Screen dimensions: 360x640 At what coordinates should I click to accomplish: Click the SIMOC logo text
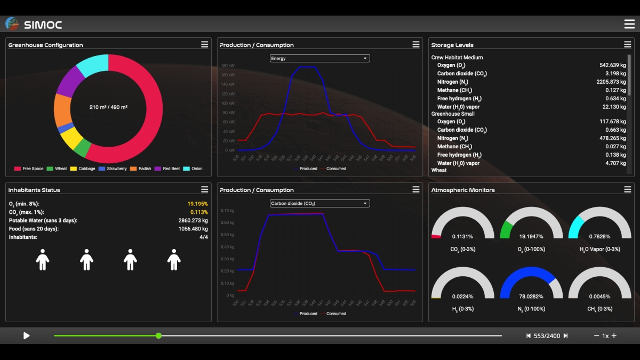(43, 25)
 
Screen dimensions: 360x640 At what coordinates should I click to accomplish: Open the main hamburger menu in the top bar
(629, 24)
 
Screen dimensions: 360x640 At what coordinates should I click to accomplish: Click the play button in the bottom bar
(26, 335)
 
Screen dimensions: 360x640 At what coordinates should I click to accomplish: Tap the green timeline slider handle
(158, 335)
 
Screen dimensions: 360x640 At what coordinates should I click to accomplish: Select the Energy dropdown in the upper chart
(319, 59)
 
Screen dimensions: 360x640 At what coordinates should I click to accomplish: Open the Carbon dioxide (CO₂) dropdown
(319, 203)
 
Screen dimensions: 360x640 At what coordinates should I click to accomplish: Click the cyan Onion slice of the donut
(92, 65)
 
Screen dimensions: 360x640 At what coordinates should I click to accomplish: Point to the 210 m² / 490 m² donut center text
(108, 107)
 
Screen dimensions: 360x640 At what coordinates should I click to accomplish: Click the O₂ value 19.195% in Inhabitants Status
(197, 204)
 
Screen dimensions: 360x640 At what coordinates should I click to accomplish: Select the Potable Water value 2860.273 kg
(193, 220)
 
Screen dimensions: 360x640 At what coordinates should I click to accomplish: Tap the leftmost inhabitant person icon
(43, 260)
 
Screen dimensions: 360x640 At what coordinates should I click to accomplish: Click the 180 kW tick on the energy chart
(228, 66)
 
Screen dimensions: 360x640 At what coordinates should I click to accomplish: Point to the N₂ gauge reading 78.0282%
(531, 297)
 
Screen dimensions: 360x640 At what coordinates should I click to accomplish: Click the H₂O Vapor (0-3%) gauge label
(600, 249)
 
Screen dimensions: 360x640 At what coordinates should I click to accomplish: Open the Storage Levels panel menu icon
(627, 45)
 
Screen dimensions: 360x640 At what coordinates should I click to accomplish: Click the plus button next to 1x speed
(614, 336)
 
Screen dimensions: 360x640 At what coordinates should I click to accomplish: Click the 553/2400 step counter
(547, 336)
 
